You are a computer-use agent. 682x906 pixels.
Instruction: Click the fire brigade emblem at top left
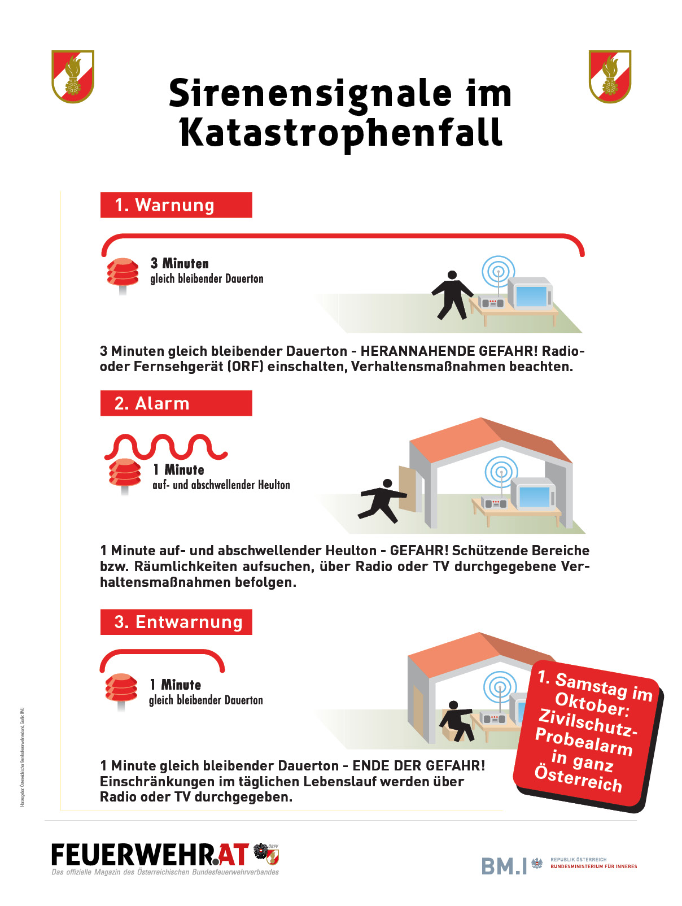pos(73,77)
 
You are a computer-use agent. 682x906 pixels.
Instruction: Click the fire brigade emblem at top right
pos(610,77)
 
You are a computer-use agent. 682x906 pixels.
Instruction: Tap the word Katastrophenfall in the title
pos(341,133)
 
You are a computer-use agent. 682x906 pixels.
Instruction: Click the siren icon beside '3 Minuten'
pos(123,274)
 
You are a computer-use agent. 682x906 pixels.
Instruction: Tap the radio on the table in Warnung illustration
pos(491,302)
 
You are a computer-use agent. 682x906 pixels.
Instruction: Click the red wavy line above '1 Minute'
pos(166,447)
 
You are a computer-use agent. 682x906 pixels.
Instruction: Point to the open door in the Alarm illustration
pos(407,489)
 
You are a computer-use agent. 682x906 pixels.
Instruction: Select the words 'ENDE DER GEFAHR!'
pos(418,765)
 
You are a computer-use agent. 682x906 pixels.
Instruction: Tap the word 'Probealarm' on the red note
pos(584,742)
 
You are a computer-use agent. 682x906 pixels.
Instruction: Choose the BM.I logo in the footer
pos(504,866)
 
